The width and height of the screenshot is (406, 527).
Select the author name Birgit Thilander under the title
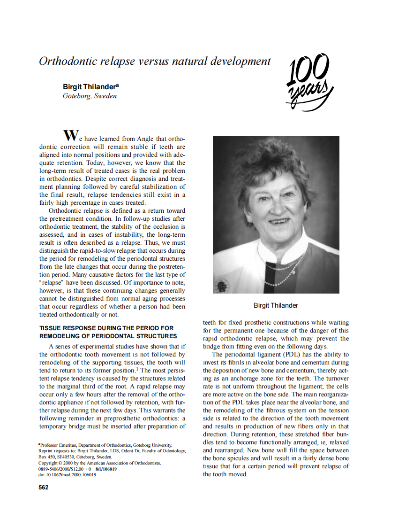point(90,87)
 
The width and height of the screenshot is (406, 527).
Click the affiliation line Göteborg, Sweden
point(90,96)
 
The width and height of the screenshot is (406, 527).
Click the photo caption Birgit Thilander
point(276,305)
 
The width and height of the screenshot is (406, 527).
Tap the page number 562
point(44,487)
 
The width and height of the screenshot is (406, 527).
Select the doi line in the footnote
point(67,475)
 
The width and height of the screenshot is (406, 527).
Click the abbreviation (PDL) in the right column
point(291,354)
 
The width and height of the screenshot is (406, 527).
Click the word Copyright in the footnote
point(49,463)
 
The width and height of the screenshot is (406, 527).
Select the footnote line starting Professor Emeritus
point(105,444)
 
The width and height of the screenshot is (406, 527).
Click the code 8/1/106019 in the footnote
point(106,469)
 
